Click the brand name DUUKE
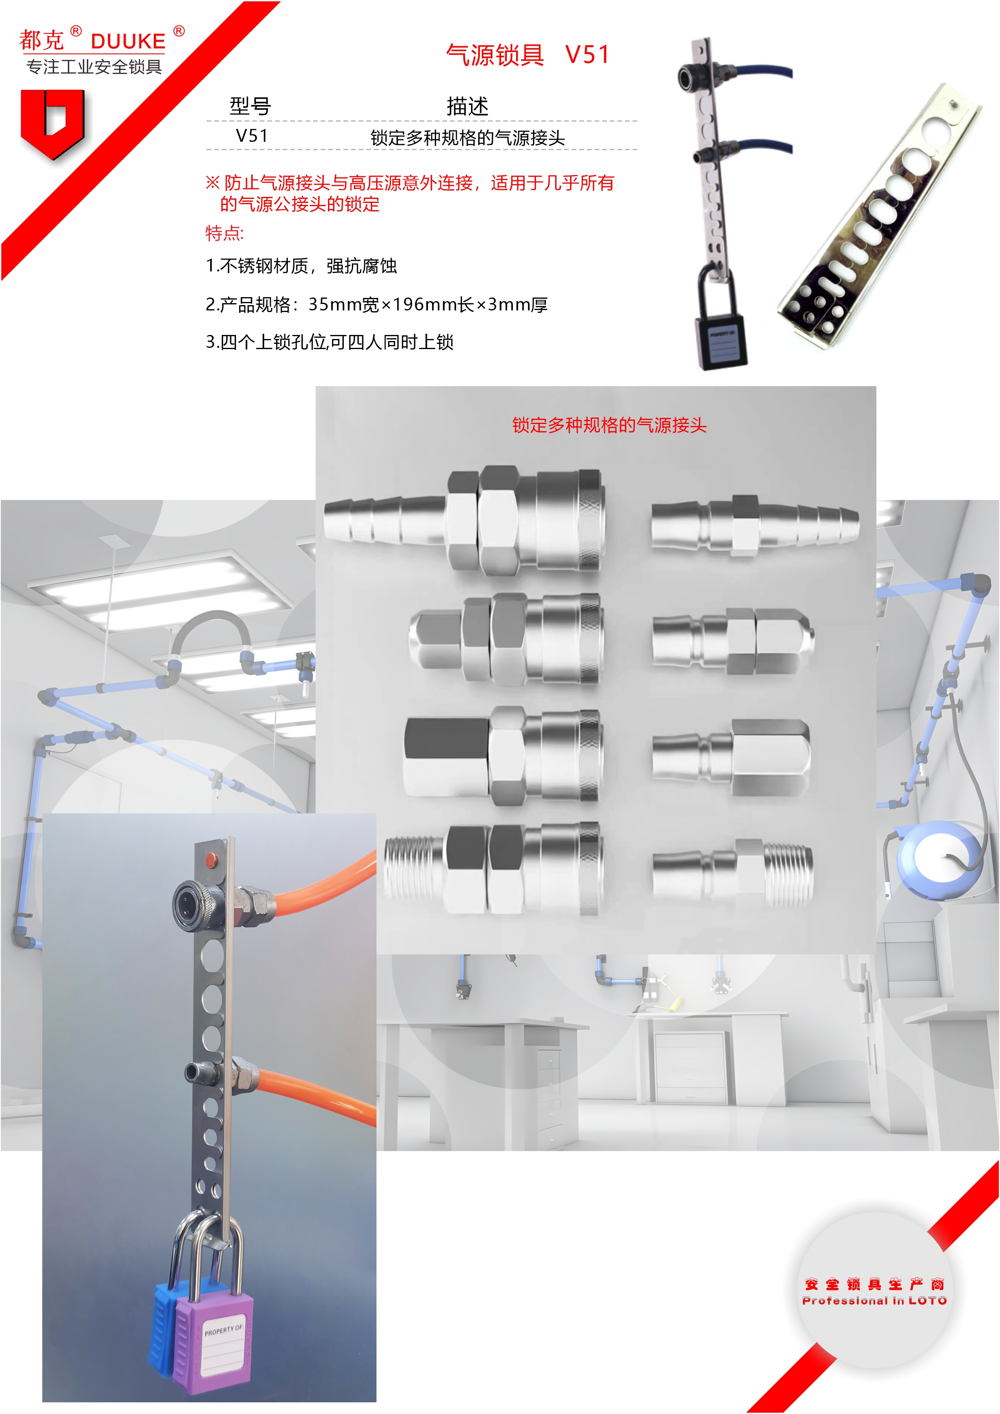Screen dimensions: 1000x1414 tap(128, 41)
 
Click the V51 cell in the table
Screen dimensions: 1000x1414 tap(252, 136)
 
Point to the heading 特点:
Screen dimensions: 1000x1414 tap(225, 234)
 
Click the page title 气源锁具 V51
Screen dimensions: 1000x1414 tap(528, 55)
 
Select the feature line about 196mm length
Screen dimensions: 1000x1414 tap(377, 304)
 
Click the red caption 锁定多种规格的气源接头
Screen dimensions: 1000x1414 tap(609, 425)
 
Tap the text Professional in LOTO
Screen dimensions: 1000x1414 tap(874, 1301)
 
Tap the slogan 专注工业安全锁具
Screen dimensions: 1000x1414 tap(94, 66)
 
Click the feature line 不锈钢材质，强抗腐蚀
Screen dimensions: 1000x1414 tap(301, 266)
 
